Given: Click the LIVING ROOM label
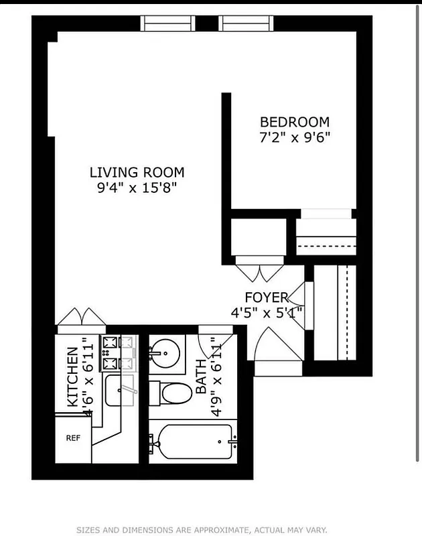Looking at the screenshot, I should coord(137,172).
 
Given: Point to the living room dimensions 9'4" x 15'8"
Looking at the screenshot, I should coord(137,188).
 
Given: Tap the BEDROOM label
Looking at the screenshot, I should coord(295,122).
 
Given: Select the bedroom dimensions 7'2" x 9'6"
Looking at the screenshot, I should coord(295,137).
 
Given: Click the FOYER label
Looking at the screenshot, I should coord(266,297).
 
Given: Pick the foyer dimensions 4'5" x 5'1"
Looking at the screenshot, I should coord(267,312).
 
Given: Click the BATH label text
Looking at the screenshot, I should coord(200,379).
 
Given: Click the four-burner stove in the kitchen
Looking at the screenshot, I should coord(118,353).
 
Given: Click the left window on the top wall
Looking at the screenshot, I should coord(168,23).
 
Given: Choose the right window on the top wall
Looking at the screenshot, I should coord(247,23).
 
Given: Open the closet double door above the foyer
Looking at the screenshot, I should coord(261,271).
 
